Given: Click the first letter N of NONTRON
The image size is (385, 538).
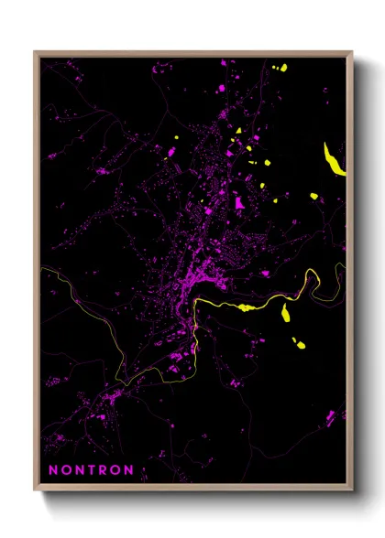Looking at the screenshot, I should [52, 470].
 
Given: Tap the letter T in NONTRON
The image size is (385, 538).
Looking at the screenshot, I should [91, 470].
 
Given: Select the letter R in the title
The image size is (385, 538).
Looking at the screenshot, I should [103, 470].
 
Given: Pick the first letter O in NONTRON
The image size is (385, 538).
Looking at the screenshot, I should [64, 470].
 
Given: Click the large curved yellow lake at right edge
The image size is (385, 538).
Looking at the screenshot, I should [335, 160].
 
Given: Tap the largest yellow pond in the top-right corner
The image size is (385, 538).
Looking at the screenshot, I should [281, 68].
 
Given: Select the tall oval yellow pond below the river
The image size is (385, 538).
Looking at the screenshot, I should [287, 313].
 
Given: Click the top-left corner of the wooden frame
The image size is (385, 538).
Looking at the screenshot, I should [36, 53].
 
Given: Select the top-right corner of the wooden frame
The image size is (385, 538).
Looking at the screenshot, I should [352, 53].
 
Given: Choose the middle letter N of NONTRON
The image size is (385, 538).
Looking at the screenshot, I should [78, 470].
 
